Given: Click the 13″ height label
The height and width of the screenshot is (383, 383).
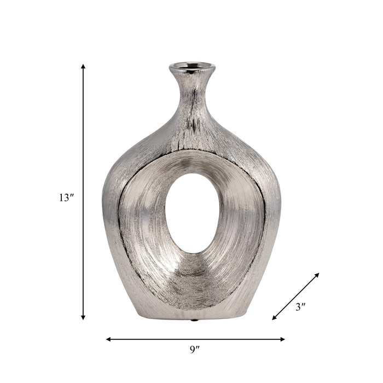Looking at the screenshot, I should tap(66, 198).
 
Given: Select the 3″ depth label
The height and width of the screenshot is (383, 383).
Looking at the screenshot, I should tap(300, 307).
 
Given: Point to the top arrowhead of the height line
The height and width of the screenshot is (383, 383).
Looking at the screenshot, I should tap(83, 66).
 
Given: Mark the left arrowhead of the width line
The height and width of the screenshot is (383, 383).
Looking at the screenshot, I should tap(108, 339).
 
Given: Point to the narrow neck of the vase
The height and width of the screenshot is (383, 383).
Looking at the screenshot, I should tap(191, 90).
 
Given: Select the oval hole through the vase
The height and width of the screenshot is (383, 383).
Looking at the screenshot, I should tap(192, 213).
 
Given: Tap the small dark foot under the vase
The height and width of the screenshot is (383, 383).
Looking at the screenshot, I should tap(193, 320).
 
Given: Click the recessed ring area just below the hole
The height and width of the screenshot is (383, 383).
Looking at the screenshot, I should tap(192, 276).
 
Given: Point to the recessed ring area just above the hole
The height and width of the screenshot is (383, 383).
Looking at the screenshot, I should tap(192, 161).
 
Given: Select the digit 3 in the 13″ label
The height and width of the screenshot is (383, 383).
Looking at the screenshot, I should tap(68, 198).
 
